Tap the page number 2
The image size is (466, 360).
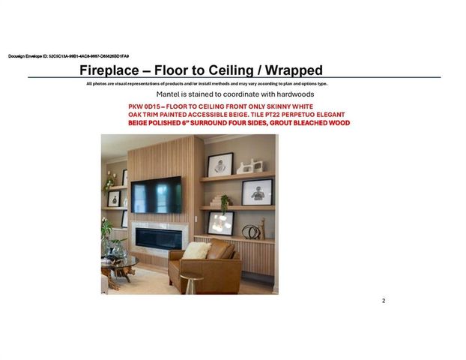384,301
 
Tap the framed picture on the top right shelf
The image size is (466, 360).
220,164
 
